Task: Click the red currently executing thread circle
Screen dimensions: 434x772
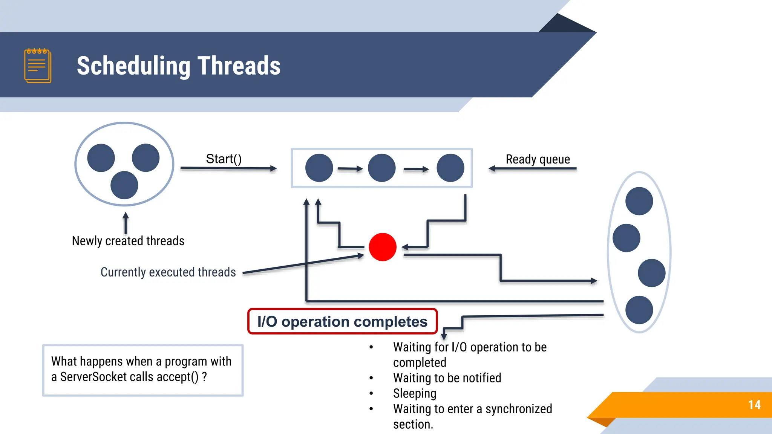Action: click(383, 247)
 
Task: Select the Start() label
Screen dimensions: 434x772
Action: click(224, 159)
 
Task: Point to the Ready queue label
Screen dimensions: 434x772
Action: click(538, 159)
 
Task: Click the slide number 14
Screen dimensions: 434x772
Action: click(754, 405)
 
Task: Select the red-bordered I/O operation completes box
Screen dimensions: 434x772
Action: click(342, 321)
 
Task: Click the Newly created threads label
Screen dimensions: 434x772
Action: click(128, 241)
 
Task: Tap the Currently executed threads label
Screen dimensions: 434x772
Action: click(168, 272)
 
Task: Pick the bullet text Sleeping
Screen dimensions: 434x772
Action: click(415, 393)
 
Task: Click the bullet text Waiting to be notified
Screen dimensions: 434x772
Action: click(447, 378)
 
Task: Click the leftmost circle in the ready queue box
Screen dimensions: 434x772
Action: click(319, 168)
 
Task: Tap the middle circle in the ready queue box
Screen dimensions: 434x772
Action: click(381, 168)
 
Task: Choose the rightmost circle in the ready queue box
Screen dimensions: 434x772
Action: click(450, 168)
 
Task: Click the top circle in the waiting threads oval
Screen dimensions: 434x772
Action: click(639, 201)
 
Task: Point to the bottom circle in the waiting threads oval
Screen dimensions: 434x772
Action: click(639, 310)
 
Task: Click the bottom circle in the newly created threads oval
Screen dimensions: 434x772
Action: click(124, 185)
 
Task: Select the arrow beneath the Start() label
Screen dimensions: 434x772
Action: click(228, 168)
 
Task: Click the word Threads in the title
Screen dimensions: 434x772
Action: click(239, 66)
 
